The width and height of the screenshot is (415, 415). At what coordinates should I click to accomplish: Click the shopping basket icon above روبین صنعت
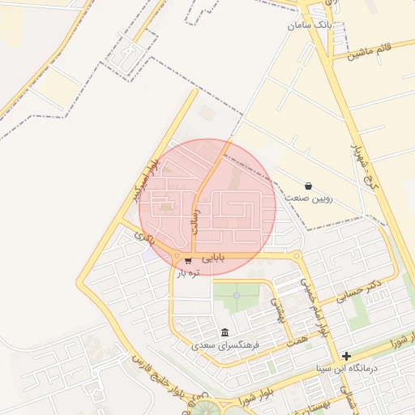tap(308, 186)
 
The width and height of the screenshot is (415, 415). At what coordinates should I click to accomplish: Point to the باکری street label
tap(145, 238)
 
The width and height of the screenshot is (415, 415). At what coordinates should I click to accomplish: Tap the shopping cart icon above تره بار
tap(188, 261)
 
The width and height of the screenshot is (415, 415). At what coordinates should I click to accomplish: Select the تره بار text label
tap(188, 273)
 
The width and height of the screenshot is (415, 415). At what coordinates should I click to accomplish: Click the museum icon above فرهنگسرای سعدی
tap(225, 333)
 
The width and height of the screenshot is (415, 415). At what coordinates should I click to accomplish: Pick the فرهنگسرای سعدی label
tap(225, 345)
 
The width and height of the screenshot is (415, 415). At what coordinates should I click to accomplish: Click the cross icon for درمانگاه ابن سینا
tap(347, 356)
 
